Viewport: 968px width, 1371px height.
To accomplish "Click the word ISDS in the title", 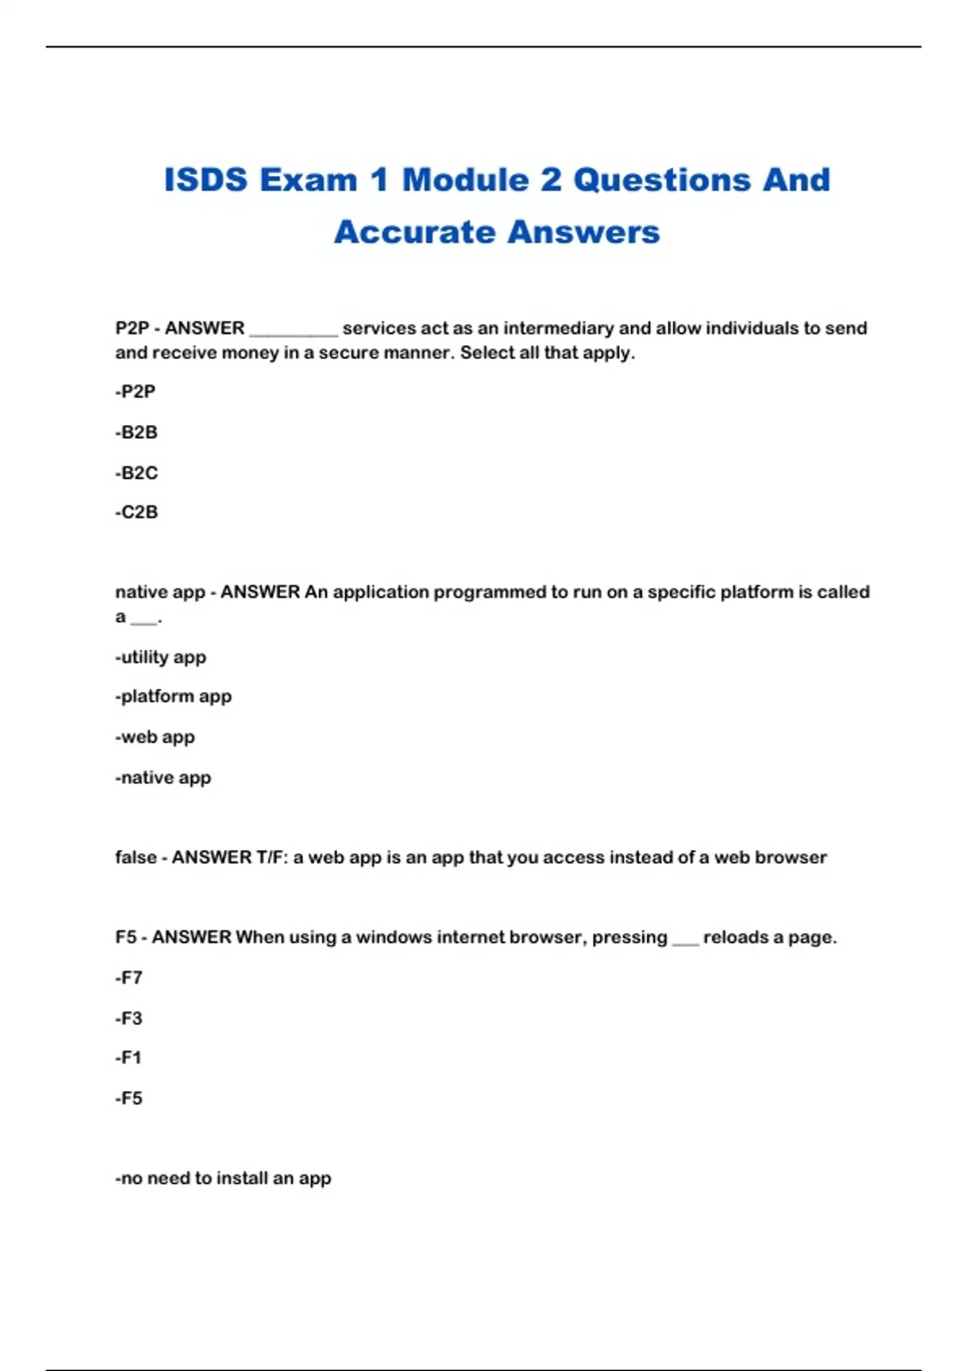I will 205,180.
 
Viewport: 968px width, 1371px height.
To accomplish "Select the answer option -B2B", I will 136,432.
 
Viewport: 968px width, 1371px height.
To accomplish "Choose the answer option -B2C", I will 136,473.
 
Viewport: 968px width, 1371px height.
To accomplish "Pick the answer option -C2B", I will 136,512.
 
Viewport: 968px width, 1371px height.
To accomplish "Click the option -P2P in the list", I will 136,392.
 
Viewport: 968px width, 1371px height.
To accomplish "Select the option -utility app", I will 161,657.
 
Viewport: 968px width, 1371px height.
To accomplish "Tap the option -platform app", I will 173,696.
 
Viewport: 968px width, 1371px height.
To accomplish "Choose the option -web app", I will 155,737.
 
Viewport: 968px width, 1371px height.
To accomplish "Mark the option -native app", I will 163,777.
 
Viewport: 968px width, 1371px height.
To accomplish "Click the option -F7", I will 129,977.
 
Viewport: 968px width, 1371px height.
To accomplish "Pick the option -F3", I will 129,1018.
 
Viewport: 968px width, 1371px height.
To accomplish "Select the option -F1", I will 128,1057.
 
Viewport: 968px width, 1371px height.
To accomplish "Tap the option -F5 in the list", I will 129,1098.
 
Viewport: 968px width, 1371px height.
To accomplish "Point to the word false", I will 136,857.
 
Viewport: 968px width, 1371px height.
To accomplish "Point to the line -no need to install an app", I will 223,1178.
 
